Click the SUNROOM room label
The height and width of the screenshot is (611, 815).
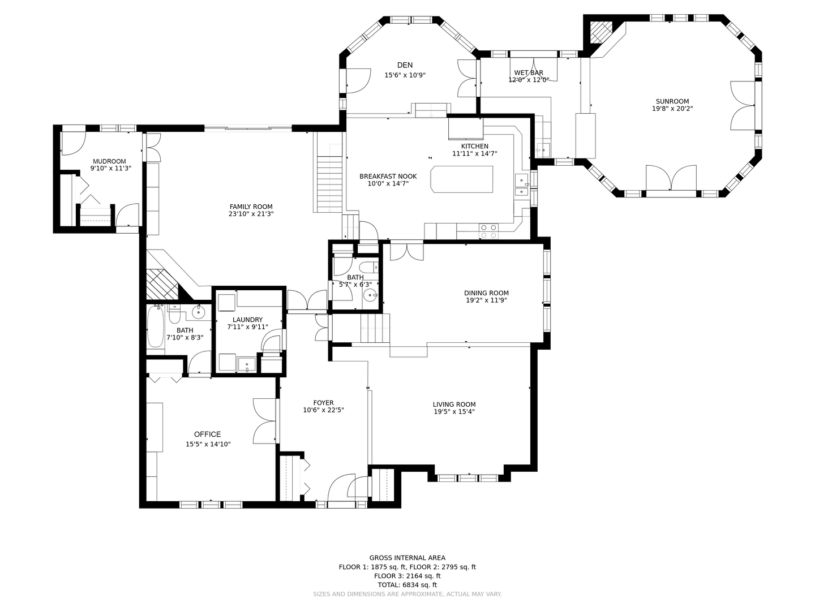click(x=672, y=101)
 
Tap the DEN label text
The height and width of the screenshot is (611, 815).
click(x=405, y=65)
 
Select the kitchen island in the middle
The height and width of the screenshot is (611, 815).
click(x=461, y=179)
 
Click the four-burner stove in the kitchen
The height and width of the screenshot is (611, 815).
click(x=488, y=231)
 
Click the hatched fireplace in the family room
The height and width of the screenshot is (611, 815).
click(x=162, y=284)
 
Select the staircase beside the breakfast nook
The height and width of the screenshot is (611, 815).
click(x=329, y=184)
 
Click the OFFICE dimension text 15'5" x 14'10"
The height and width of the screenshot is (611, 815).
click(x=208, y=444)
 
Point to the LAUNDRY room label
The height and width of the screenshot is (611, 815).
click(x=248, y=320)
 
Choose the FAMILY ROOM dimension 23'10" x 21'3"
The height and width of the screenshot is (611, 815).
click(x=251, y=214)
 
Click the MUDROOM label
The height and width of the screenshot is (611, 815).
click(x=109, y=161)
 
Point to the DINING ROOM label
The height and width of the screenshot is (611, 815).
click(x=486, y=293)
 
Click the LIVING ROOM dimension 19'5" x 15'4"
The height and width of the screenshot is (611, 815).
click(x=454, y=411)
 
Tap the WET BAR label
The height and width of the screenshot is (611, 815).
click(x=529, y=73)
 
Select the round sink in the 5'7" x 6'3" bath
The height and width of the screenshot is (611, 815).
click(x=370, y=295)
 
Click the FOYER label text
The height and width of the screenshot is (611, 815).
click(x=323, y=403)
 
